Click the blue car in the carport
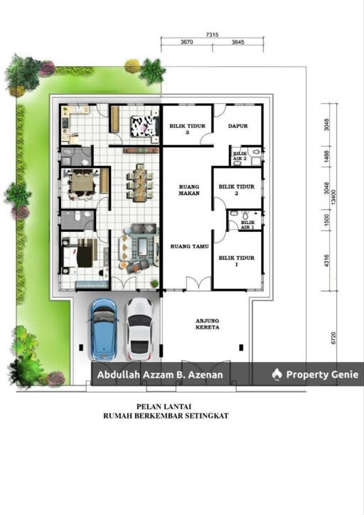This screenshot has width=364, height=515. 103,329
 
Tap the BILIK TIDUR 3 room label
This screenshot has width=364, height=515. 188,129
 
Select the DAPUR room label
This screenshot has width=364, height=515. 238,126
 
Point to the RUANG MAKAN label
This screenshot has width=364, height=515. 189,190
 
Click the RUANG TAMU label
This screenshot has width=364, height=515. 189,246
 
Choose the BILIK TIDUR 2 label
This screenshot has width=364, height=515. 237,190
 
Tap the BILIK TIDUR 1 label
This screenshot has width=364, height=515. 237,261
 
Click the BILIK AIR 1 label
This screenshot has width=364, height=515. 248,225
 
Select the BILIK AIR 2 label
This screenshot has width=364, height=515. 240,156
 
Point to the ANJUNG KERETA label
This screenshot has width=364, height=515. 208,324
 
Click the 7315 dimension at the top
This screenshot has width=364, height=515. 212,35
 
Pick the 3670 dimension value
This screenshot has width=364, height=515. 187,42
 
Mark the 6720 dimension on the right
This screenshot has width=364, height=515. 333,338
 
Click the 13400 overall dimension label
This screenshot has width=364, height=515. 333,196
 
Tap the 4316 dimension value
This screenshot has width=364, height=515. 326,261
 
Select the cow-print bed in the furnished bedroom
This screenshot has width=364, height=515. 144,126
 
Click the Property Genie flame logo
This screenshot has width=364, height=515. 277,374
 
